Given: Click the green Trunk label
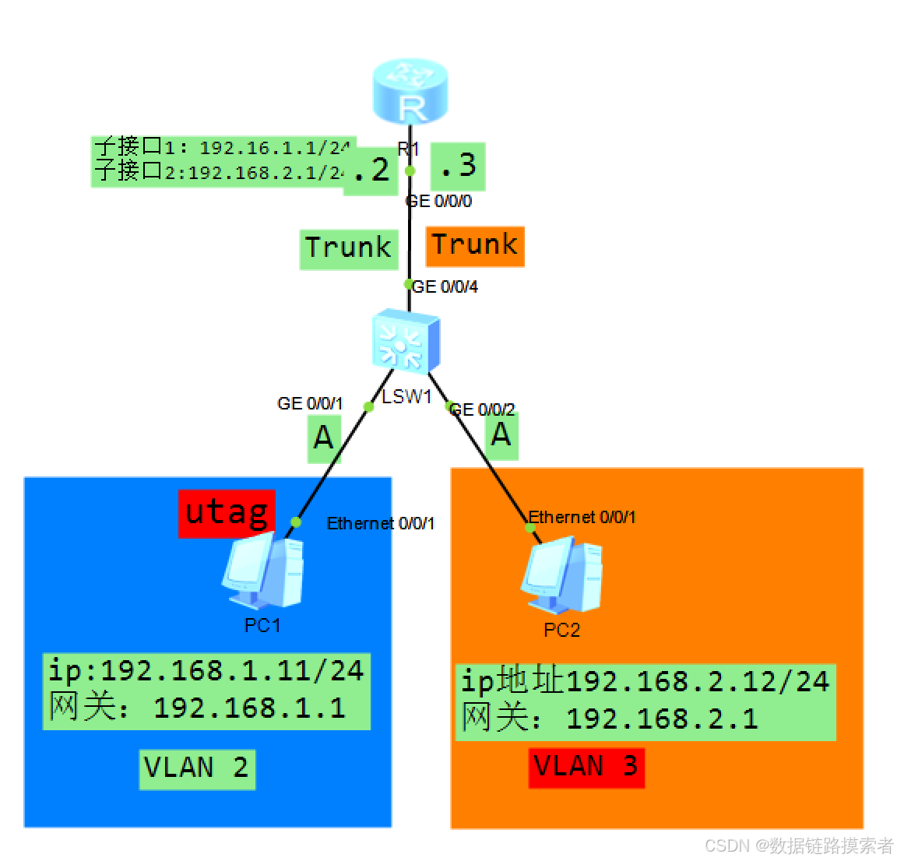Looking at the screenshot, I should [x=348, y=248].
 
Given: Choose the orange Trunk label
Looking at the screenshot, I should [x=474, y=245].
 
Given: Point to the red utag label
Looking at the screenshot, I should [x=227, y=513].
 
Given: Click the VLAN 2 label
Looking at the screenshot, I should [x=197, y=768].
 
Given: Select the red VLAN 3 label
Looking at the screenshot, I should [x=586, y=767].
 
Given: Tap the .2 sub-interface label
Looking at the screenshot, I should [x=368, y=170].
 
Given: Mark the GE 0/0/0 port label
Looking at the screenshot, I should [x=438, y=201].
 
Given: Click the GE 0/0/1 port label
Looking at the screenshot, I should [x=310, y=403].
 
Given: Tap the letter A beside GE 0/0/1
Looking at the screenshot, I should [x=323, y=438].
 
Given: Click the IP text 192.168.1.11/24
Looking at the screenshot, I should [x=232, y=670].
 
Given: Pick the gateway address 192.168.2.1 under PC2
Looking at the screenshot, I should [x=662, y=719].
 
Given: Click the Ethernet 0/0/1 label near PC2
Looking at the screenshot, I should [x=582, y=517].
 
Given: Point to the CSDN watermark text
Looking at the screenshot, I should [x=798, y=845].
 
